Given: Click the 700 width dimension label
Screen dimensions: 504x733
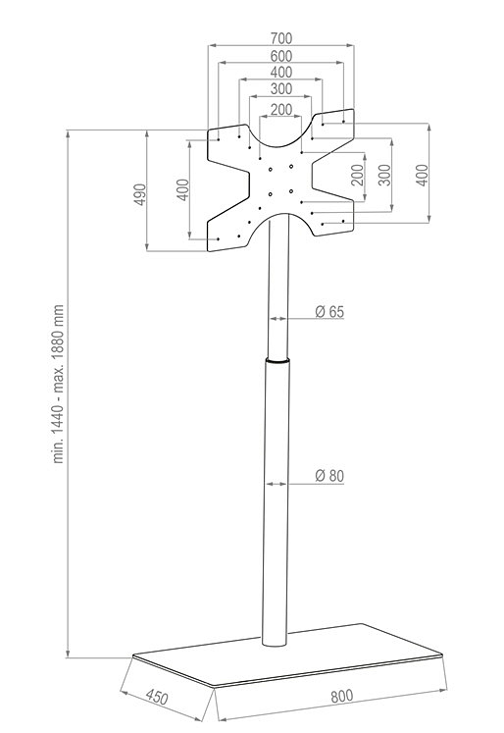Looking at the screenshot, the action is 281,38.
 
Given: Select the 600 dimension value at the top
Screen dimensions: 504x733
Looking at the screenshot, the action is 281,56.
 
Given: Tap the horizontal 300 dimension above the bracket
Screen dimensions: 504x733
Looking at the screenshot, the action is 281,88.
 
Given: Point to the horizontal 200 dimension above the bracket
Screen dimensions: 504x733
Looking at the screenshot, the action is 281,109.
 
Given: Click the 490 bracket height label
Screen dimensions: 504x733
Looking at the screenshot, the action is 140,194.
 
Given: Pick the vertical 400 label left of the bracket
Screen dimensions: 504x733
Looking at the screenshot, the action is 183,189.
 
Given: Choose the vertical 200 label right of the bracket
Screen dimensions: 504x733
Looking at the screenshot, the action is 357,175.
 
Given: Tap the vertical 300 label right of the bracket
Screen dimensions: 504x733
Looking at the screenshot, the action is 384,175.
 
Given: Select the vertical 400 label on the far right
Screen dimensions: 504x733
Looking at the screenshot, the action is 422,176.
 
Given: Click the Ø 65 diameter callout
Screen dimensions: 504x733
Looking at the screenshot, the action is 329,311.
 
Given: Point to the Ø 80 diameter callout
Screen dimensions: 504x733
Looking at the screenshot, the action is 329,476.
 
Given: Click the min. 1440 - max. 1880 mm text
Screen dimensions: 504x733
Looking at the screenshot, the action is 58,384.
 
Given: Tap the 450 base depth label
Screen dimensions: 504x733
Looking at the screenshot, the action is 157,697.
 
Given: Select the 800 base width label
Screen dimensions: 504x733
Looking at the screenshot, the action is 342,696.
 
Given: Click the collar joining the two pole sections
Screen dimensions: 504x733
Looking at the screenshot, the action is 277,360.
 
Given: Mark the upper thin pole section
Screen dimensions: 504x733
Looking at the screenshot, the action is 278,287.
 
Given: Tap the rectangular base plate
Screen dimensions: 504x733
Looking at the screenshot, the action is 286,655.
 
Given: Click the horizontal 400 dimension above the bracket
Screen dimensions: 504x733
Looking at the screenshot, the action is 281,72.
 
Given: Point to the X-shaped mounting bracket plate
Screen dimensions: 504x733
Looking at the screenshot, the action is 280,180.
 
